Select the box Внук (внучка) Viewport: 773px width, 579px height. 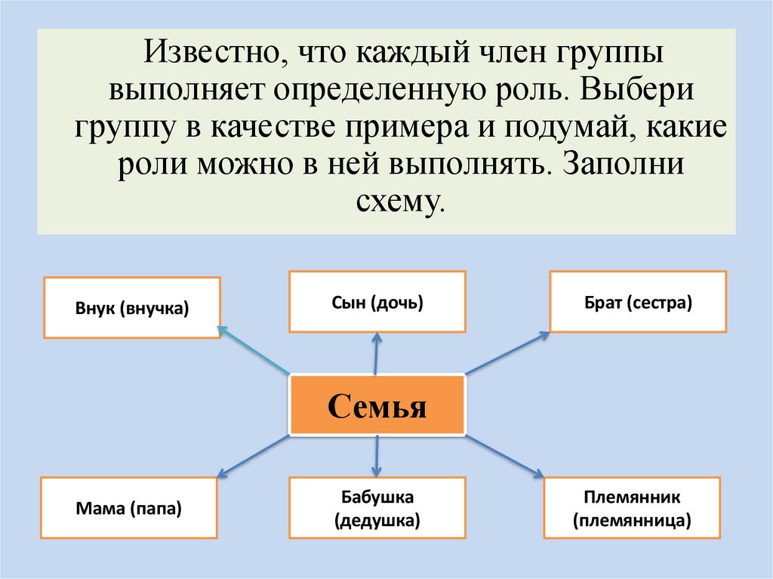tap(132, 307)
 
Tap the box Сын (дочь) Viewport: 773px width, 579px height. tap(377, 302)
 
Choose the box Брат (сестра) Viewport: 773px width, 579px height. tap(638, 302)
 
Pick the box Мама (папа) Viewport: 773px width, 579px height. tap(129, 509)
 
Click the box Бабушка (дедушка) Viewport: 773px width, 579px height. tap(377, 509)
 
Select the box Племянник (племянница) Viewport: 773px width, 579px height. tap(632, 509)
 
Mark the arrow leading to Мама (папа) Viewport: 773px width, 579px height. tap(254, 456)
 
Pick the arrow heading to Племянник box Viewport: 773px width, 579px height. tap(504, 456)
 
